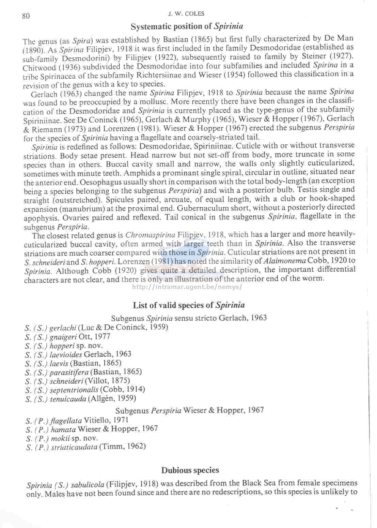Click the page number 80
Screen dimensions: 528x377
pyautogui.click(x=26, y=16)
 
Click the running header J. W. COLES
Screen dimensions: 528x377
pyautogui.click(x=186, y=14)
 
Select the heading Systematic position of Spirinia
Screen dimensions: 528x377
pyautogui.click(x=187, y=27)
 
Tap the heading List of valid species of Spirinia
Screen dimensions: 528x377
pyautogui.click(x=189, y=305)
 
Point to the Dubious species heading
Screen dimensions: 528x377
pyautogui.click(x=190, y=470)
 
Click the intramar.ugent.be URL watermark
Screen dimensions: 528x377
pyautogui.click(x=187, y=287)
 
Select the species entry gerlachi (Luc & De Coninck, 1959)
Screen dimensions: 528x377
pyautogui.click(x=96, y=327)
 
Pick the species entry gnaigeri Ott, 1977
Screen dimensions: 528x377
pyautogui.click(x=67, y=337)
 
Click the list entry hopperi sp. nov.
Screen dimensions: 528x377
pyautogui.click(x=64, y=346)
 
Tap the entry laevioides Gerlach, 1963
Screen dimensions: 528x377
pyautogui.click(x=78, y=354)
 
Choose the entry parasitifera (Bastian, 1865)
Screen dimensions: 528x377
pyautogui.click(x=83, y=372)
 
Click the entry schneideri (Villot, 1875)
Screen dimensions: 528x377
pyautogui.click(x=77, y=381)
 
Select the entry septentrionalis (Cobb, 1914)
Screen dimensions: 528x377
pyautogui.click(x=85, y=390)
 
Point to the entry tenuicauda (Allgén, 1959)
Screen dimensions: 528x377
pyautogui.click(x=81, y=399)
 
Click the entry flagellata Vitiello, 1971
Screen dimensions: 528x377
pyautogui.click(x=77, y=420)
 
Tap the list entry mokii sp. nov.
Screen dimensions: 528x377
pyautogui.click(x=62, y=438)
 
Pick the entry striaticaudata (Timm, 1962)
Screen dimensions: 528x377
pyautogui.click(x=86, y=447)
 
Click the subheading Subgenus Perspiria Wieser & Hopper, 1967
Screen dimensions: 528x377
pyautogui.click(x=190, y=410)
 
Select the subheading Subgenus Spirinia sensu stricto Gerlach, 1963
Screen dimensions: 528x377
pyautogui.click(x=189, y=318)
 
